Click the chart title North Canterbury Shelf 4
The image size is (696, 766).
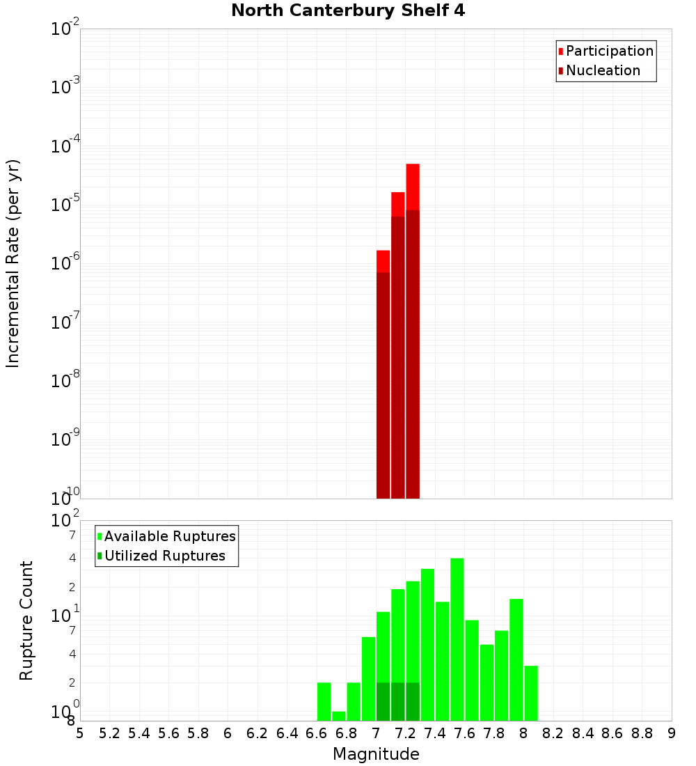tap(347, 11)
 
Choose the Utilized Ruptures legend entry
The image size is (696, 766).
tap(164, 556)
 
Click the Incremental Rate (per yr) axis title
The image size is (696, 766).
tap(13, 263)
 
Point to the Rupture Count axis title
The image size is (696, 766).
tap(26, 620)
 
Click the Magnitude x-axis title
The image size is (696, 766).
tap(376, 754)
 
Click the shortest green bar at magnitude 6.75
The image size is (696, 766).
tap(338, 716)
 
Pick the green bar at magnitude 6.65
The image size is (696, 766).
tap(324, 701)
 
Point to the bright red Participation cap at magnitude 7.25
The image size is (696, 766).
tap(413, 186)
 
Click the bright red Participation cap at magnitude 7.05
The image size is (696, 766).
tap(383, 261)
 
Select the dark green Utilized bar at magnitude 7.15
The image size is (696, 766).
tap(397, 701)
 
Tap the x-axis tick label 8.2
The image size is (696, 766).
tap(553, 733)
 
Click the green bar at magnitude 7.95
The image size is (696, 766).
tap(516, 659)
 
